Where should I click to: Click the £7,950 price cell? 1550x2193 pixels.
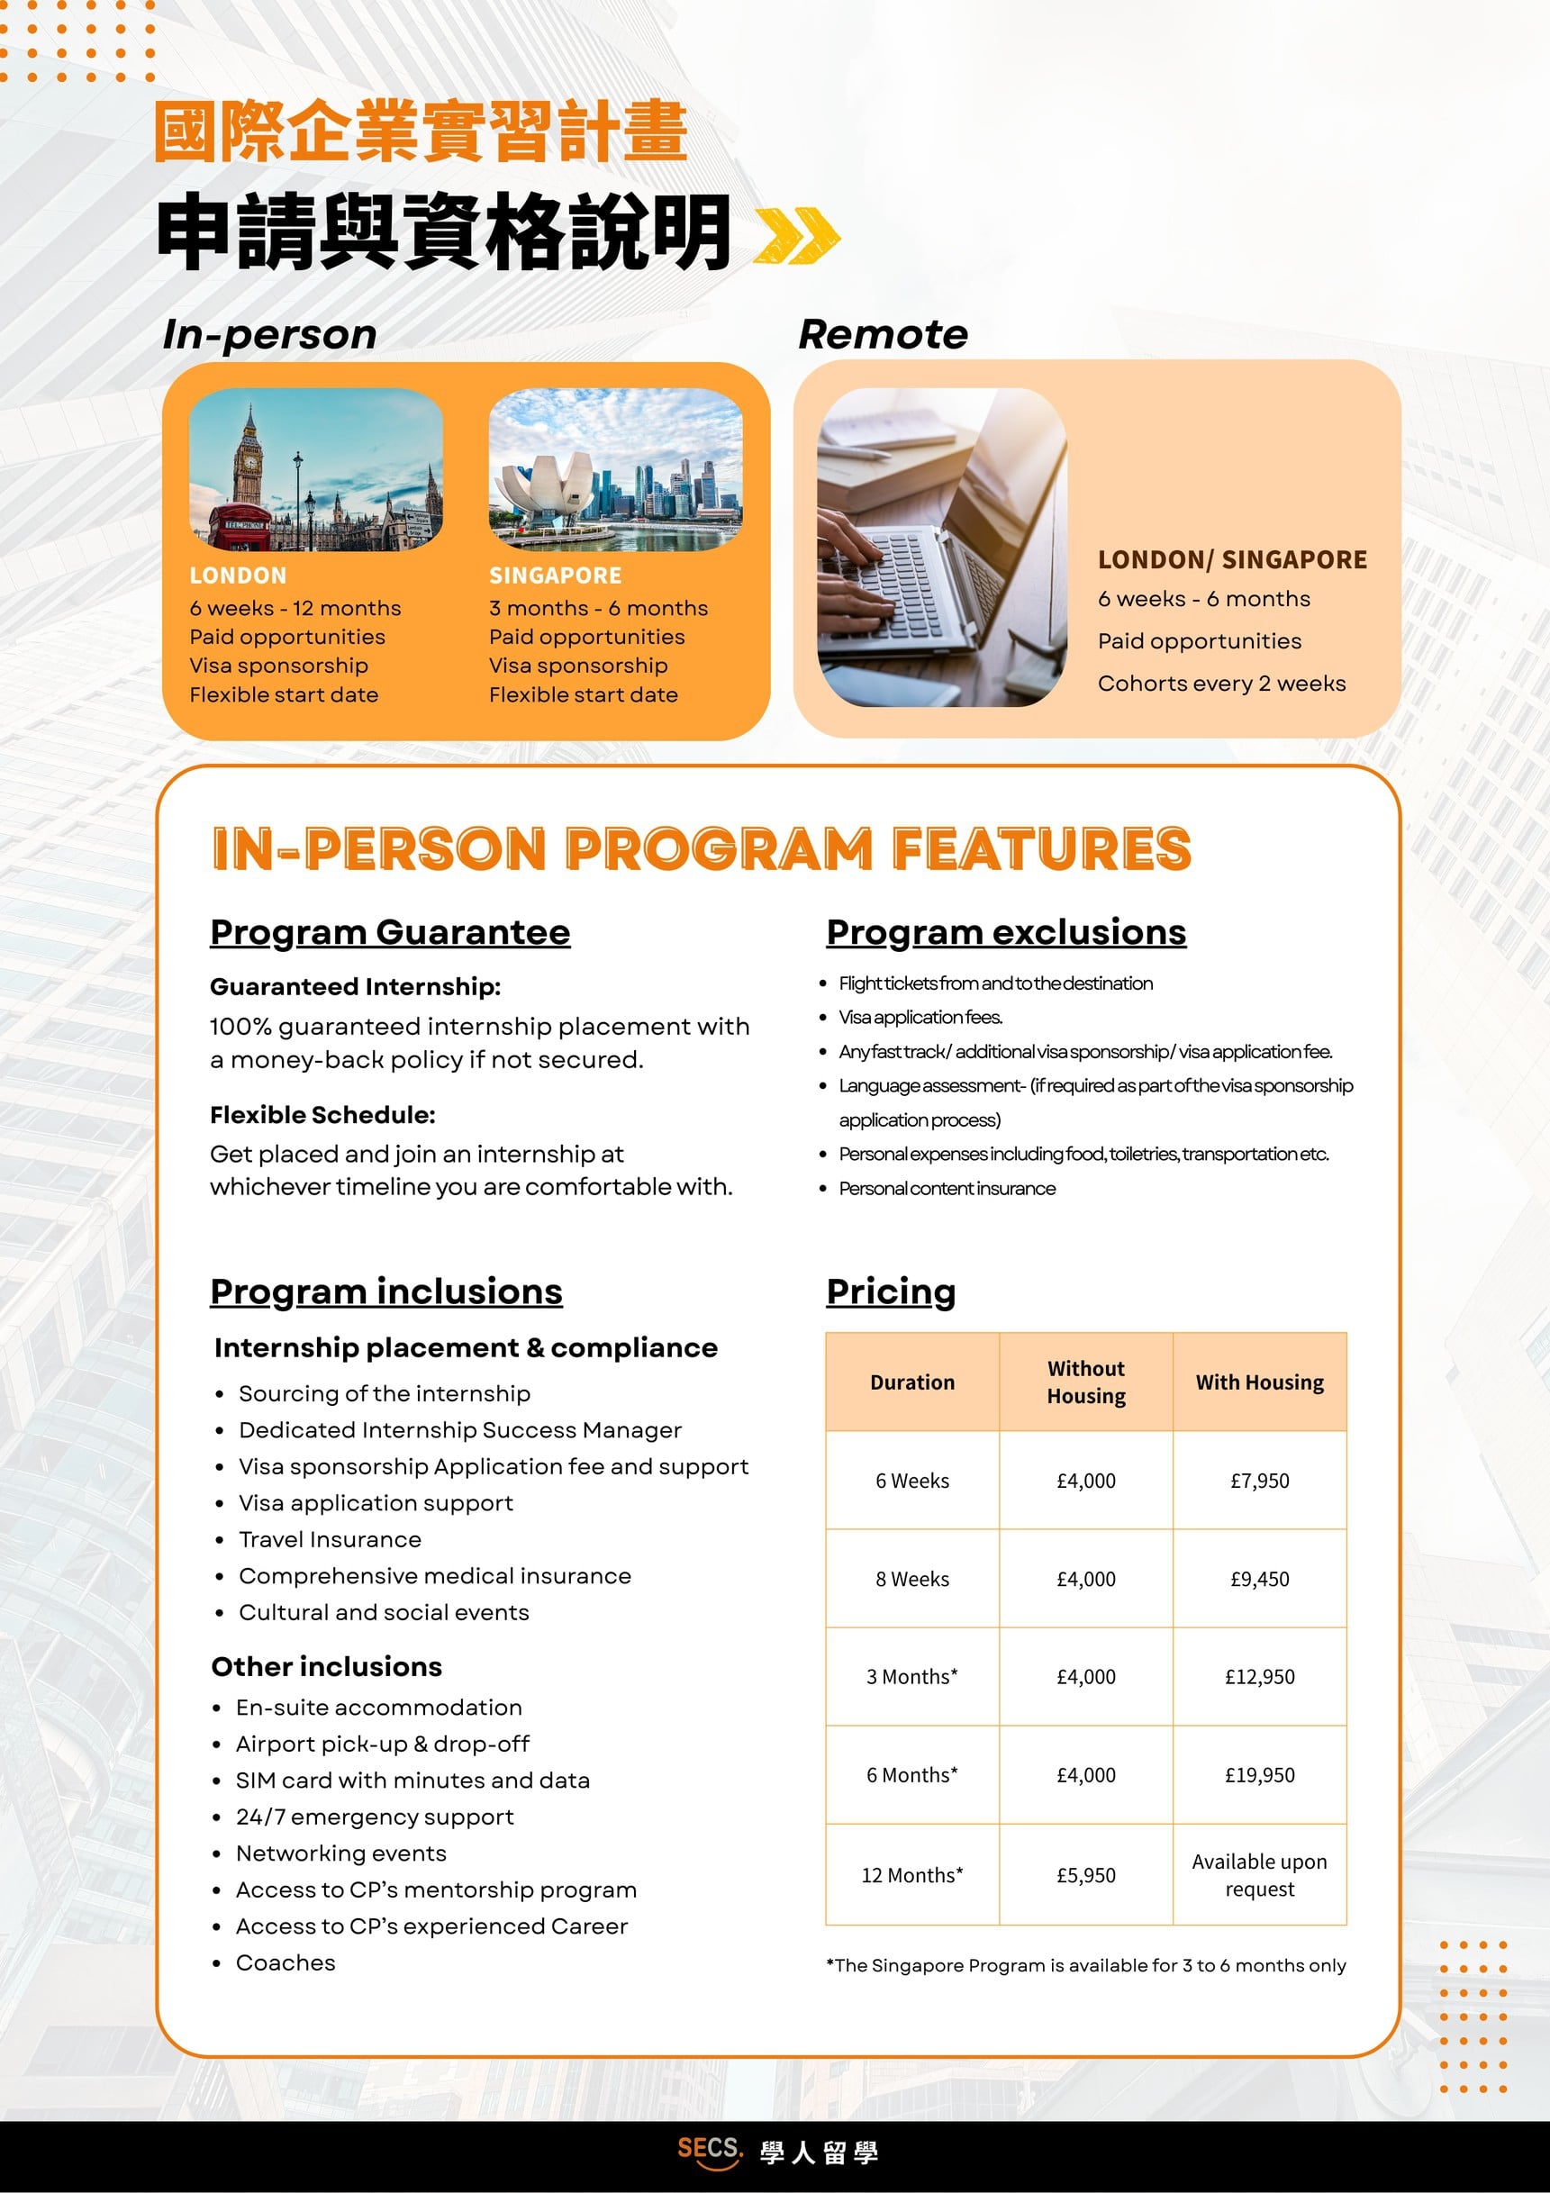click(x=1259, y=1481)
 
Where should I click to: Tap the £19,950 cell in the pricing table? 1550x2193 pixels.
click(x=1259, y=1774)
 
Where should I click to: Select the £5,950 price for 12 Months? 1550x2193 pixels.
click(x=1085, y=1875)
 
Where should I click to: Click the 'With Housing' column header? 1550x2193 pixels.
click(x=1259, y=1382)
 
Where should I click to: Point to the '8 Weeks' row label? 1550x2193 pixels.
click(x=912, y=1579)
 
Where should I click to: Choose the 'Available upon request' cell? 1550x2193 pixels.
click(x=1259, y=1875)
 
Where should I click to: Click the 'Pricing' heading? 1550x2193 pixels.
click(x=890, y=1291)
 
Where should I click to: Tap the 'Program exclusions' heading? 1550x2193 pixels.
click(x=1006, y=932)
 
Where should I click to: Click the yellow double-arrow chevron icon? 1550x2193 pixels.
click(x=795, y=235)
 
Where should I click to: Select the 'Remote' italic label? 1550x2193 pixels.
click(x=883, y=334)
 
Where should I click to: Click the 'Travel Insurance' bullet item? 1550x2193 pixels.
click(x=330, y=1540)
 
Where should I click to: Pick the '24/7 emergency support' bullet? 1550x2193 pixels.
click(x=375, y=1817)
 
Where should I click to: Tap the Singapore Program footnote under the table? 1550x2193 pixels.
click(x=1085, y=1966)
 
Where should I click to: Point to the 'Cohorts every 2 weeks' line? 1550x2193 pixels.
click(x=1220, y=683)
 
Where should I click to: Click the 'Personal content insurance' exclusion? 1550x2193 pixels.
click(x=947, y=1188)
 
